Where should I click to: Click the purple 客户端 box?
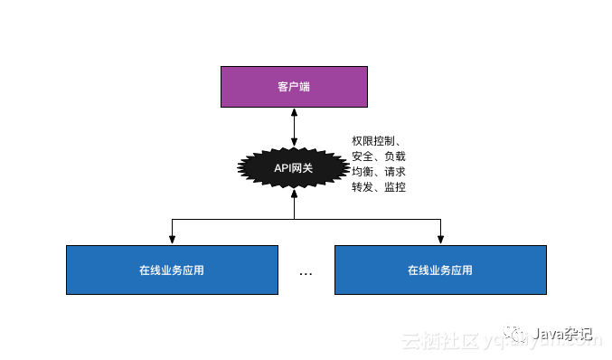tap(295, 87)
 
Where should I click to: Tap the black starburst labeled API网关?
tap(294, 167)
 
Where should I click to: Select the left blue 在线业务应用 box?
tap(172, 270)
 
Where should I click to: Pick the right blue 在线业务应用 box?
tap(440, 270)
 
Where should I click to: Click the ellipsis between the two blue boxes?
tap(306, 273)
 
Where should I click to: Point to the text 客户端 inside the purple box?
tap(295, 87)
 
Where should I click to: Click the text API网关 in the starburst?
tap(294, 167)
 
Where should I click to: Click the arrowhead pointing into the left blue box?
tap(172, 240)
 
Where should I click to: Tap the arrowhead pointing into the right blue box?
tap(440, 240)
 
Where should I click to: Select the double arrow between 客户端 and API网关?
tap(295, 128)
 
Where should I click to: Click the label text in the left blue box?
tap(172, 270)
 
